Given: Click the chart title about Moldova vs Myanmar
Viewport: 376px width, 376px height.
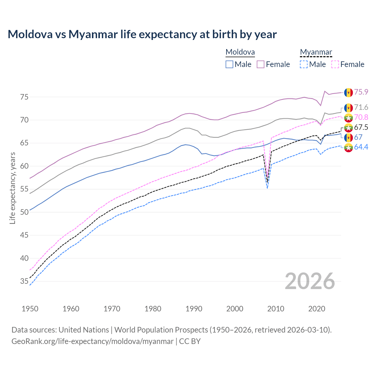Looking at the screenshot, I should tap(142, 34).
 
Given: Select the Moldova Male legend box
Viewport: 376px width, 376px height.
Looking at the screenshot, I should tap(229, 64).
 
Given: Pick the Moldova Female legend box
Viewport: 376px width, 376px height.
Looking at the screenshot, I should tap(261, 64).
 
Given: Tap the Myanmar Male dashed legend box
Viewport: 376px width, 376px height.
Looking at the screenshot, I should tap(304, 64).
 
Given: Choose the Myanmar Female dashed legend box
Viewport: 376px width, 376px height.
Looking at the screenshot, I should tap(335, 64).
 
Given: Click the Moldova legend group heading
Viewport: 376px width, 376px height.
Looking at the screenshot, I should tap(240, 52).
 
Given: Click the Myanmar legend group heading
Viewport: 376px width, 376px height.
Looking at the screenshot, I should tap(316, 52).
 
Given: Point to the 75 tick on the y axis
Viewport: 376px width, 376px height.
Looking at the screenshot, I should tap(24, 97).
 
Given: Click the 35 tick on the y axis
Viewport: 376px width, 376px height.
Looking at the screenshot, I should tap(24, 281).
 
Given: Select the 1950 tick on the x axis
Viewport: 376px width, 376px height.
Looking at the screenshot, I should tap(30, 309).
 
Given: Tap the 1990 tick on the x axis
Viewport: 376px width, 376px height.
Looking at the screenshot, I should tap(194, 309).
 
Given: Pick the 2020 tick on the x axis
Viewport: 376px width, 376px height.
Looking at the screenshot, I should tap(317, 309).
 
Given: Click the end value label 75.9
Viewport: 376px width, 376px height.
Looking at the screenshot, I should tap(361, 92).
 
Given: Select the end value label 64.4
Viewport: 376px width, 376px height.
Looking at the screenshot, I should tap(361, 147).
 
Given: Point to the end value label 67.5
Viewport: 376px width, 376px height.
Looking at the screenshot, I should tap(361, 127).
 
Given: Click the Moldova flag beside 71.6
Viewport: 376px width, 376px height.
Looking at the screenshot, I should tap(348, 108).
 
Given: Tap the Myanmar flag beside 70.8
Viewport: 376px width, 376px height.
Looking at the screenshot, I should tap(348, 117).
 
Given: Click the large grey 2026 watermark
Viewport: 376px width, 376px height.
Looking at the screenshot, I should tap(310, 281).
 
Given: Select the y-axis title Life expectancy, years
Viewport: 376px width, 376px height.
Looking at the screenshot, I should tap(12, 188).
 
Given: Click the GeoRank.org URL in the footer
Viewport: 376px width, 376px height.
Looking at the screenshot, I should tap(93, 341).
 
